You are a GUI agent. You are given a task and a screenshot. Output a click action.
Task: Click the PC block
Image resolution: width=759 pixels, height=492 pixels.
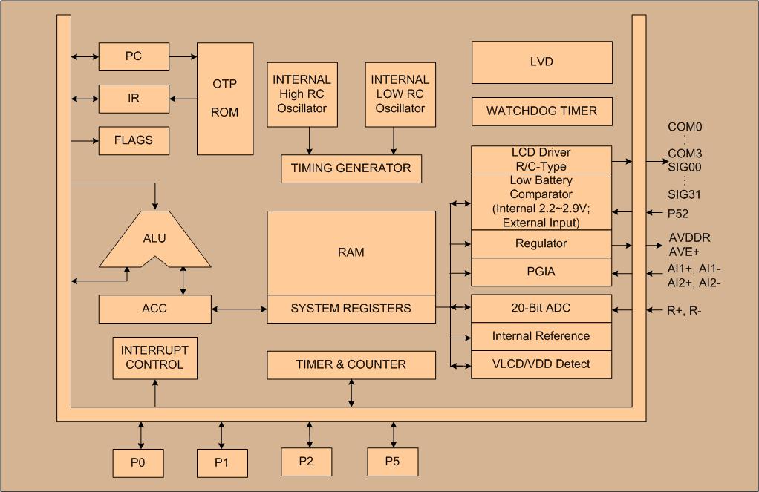(134, 56)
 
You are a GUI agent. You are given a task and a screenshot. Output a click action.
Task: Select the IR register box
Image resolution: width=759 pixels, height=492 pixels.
(134, 98)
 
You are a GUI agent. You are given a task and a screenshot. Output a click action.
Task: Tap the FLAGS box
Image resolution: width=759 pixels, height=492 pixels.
(134, 140)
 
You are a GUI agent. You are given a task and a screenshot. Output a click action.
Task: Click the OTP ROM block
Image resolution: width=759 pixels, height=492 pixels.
(225, 98)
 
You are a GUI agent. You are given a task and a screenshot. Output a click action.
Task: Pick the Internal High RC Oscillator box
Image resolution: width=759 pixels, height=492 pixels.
(302, 94)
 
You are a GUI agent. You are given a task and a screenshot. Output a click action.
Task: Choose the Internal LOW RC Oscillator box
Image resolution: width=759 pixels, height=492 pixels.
(400, 94)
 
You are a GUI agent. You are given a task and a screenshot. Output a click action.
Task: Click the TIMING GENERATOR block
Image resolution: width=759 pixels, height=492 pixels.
(351, 168)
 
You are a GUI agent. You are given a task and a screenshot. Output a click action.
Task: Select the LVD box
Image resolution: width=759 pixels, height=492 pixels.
(541, 62)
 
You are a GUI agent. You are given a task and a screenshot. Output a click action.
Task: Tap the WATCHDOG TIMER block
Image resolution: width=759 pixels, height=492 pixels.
(541, 111)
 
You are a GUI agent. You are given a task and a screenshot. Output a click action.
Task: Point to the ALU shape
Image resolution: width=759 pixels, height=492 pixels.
(154, 239)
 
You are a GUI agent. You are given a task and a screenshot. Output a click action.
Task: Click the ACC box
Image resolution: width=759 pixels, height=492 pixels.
(154, 309)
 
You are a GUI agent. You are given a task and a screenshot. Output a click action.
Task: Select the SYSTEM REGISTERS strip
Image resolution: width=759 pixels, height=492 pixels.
(351, 309)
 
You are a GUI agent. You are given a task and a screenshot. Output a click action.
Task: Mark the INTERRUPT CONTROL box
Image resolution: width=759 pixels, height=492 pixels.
(154, 358)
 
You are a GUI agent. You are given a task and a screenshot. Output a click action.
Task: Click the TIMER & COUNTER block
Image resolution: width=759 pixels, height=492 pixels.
(351, 364)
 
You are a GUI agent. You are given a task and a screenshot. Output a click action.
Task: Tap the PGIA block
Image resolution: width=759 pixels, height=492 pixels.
(541, 272)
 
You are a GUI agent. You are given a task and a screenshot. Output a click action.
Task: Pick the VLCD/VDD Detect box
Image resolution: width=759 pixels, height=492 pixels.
(541, 364)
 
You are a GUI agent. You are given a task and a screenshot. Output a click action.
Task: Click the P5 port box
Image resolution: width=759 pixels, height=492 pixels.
(392, 462)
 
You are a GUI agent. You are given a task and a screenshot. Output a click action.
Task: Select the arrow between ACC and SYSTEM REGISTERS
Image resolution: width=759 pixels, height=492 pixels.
(238, 309)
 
